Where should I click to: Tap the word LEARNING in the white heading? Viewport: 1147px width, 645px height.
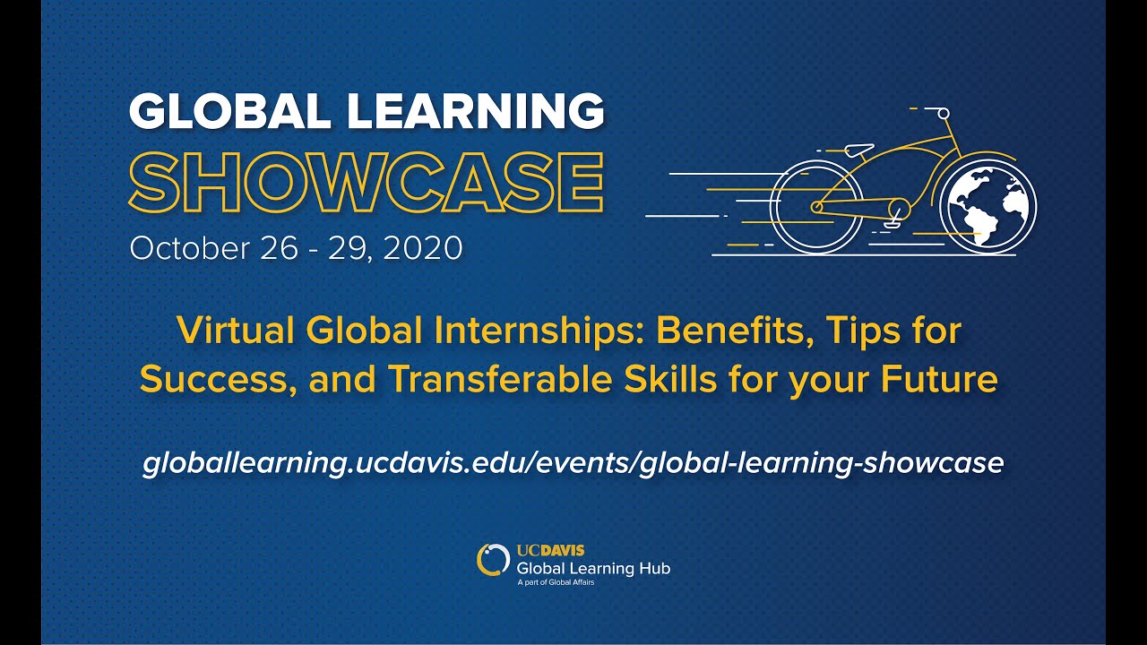475,112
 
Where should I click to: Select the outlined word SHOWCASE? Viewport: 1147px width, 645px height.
367,182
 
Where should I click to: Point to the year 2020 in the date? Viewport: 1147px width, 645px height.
423,248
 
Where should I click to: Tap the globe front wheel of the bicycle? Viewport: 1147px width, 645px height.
991,207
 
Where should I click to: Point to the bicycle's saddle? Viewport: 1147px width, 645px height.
858,149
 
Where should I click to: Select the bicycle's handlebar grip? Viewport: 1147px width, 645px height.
943,112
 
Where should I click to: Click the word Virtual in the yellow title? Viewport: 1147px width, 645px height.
235,331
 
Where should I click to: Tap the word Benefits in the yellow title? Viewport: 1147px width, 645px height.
733,331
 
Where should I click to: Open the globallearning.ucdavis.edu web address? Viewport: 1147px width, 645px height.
573,462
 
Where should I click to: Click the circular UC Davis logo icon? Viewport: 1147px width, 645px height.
493,559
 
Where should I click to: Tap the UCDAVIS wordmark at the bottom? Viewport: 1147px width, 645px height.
551,550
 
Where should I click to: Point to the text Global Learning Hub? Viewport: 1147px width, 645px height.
593,568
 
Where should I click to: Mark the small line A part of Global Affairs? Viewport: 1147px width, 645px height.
556,582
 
